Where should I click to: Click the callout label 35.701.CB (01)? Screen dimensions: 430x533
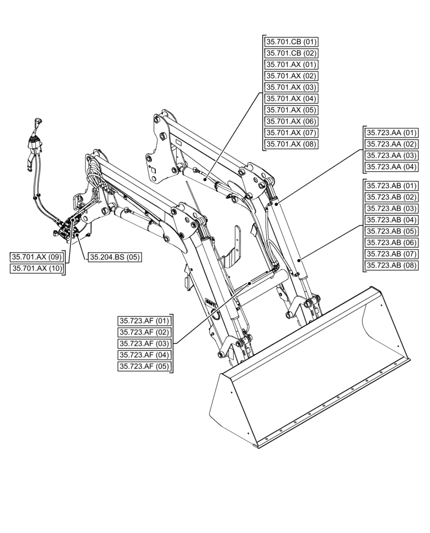tap(291, 42)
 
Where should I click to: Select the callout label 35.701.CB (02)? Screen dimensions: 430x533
tap(291, 53)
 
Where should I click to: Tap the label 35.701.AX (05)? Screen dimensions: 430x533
tap(291, 110)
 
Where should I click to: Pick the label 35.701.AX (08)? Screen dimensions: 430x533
tap(291, 144)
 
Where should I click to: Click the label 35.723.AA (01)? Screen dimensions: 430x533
tap(391, 133)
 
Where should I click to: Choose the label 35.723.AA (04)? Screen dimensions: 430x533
tap(391, 167)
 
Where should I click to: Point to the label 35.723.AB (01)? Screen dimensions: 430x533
tap(391, 186)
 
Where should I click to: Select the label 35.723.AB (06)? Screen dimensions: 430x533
tap(391, 243)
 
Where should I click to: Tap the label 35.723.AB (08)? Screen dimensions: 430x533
tap(391, 265)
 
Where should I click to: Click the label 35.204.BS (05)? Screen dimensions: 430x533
tap(114, 257)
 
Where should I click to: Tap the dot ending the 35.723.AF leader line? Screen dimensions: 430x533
tap(250, 284)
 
